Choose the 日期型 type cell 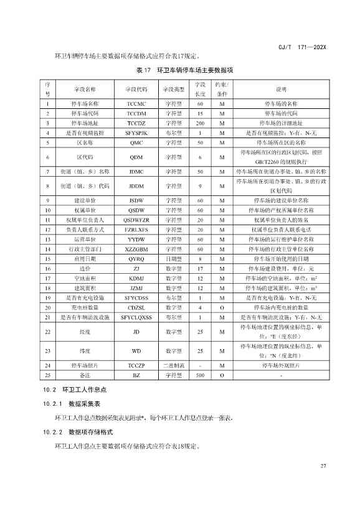(171, 259)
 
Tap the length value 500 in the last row (200, 376)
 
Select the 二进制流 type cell (171, 366)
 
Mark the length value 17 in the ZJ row (200, 269)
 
